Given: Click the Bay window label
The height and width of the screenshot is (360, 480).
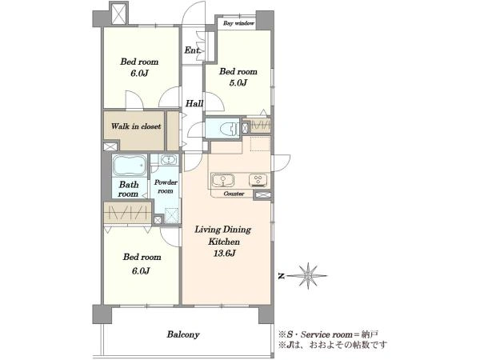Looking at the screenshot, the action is (238, 23).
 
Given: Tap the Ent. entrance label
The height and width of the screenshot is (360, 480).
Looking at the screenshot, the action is (192, 50).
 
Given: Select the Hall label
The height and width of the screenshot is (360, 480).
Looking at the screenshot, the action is (194, 103).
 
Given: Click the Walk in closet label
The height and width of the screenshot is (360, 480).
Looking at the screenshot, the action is (136, 126).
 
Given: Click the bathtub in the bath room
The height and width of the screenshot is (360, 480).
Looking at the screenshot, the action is (130, 166).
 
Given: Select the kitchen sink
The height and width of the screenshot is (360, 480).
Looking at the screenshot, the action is (223, 180).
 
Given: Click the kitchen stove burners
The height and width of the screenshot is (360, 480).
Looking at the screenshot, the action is (258, 180).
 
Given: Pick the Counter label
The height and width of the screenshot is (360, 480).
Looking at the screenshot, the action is (234, 194).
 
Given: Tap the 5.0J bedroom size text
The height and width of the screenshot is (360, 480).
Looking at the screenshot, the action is (238, 82).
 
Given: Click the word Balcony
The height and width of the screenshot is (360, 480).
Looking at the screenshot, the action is (183, 334).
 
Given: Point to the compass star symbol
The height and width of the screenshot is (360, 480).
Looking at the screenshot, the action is (308, 276).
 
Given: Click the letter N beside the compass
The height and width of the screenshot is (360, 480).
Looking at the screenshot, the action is (282, 277).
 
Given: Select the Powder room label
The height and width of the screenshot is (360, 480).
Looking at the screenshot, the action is (166, 186).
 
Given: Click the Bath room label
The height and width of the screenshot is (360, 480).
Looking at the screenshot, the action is (129, 189).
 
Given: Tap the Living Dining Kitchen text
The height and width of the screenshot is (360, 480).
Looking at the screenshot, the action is (223, 235).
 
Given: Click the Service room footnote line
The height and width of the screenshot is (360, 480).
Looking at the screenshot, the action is (329, 334).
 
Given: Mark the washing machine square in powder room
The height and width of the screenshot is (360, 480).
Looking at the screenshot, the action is (171, 215).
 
